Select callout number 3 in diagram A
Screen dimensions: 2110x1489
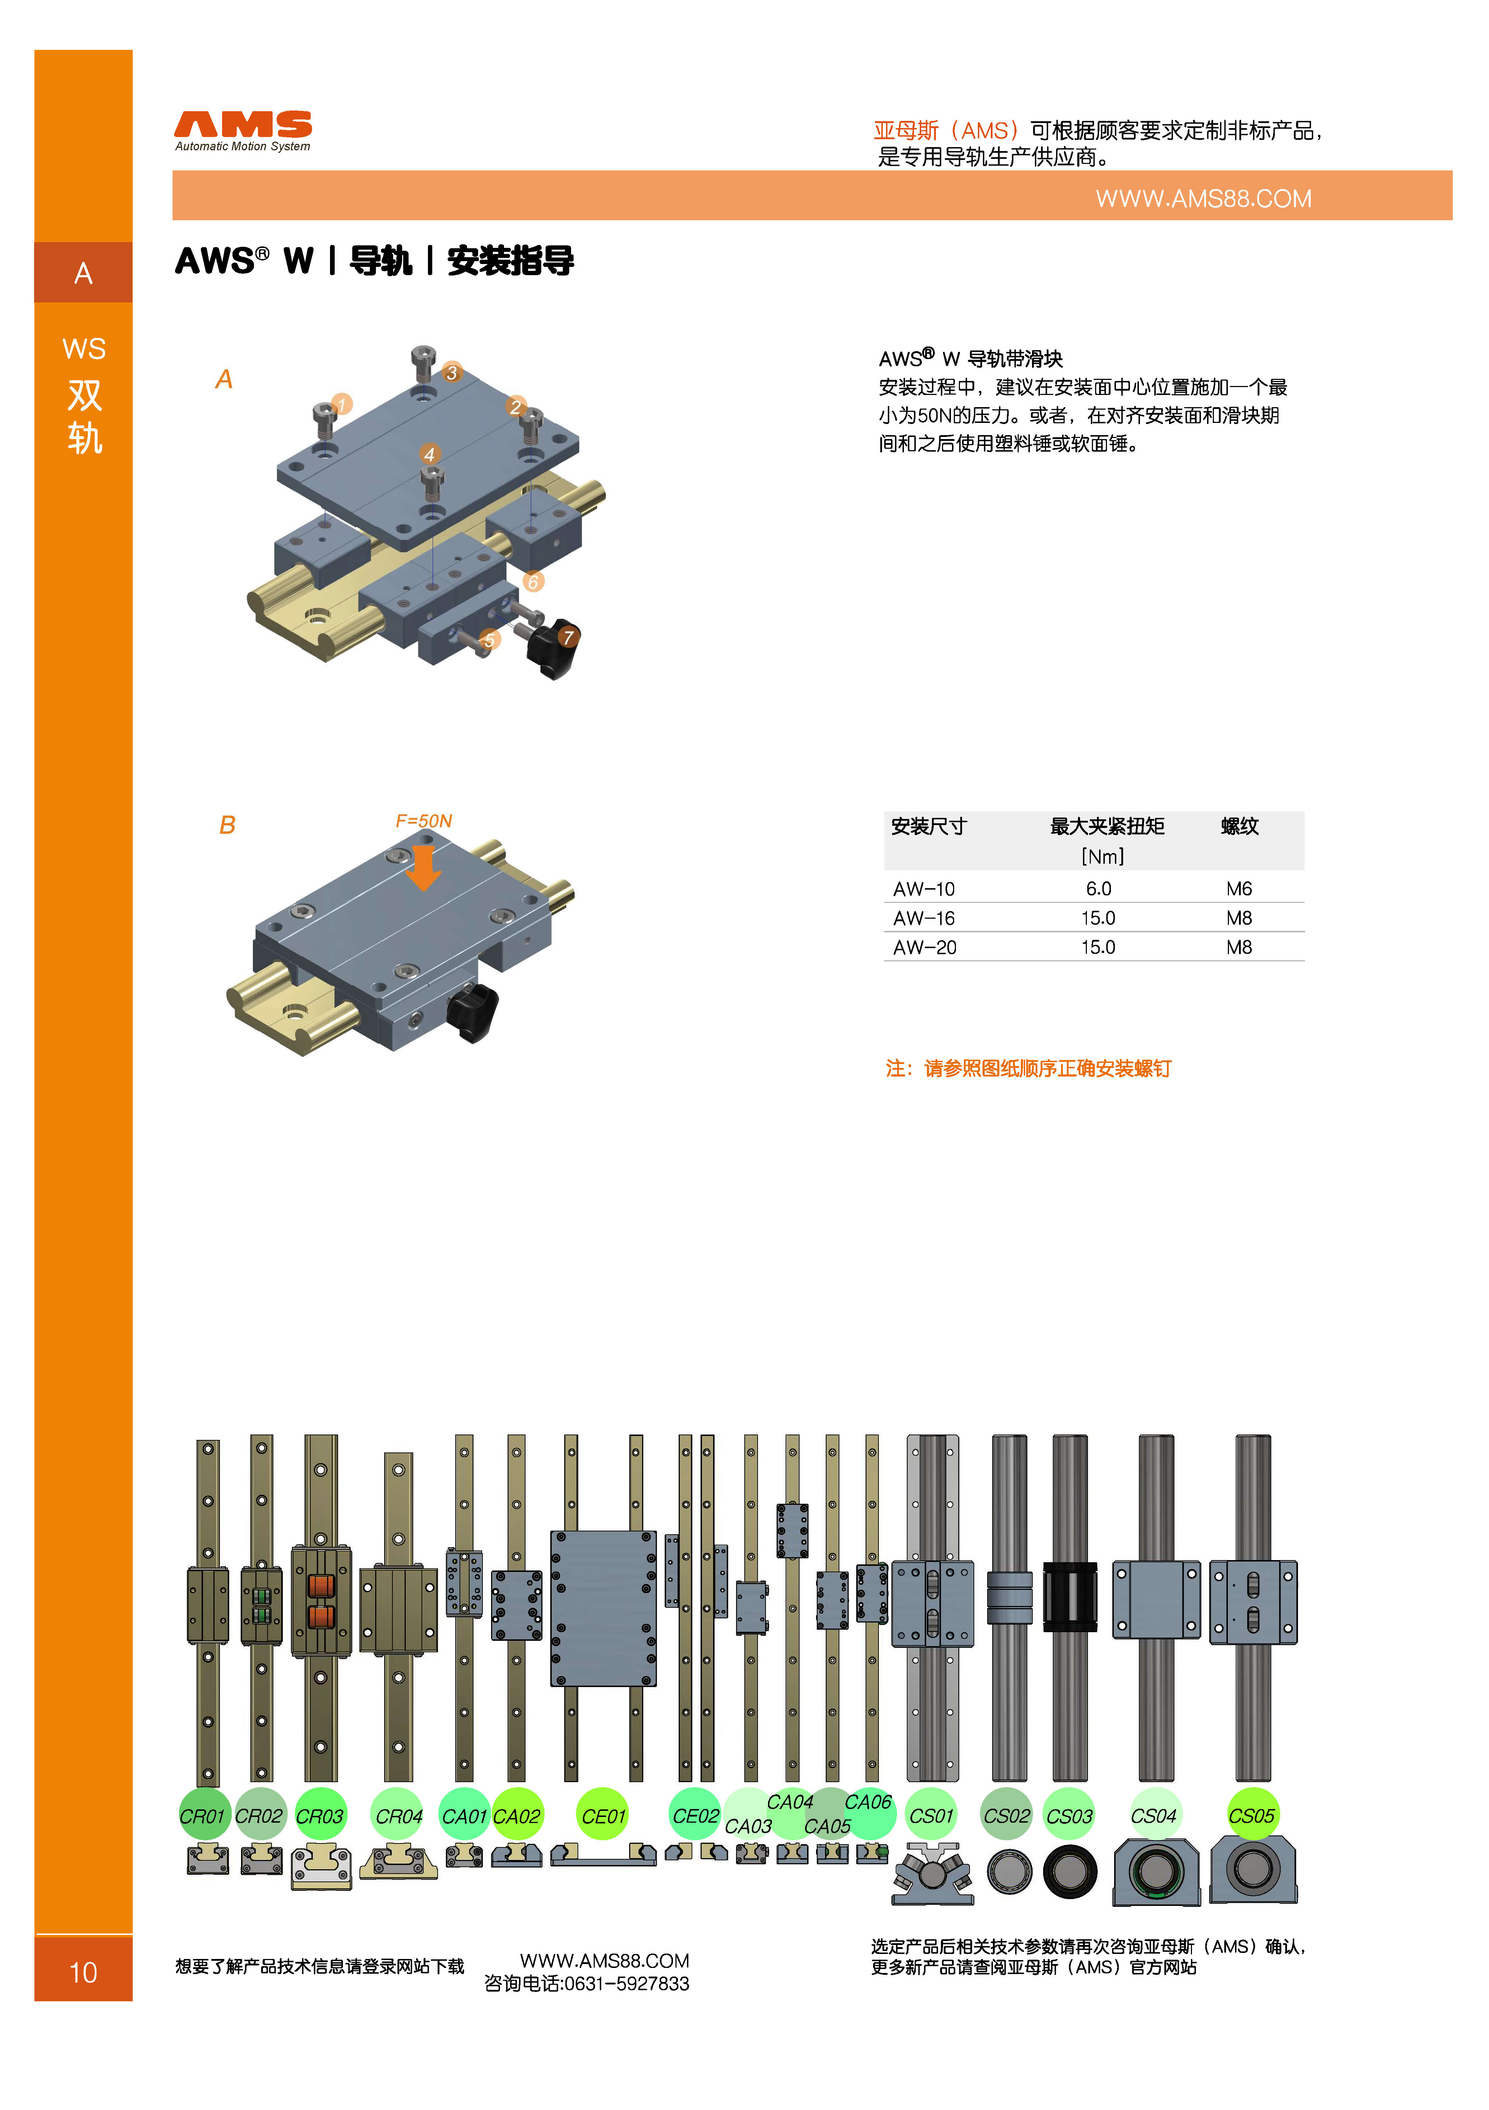[x=451, y=372]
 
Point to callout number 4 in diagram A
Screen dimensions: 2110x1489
[x=429, y=454]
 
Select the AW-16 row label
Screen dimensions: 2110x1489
[x=924, y=918]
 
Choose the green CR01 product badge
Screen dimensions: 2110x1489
[x=203, y=1816]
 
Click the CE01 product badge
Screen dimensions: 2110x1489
[x=603, y=1816]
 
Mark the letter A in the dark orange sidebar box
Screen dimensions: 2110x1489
[x=84, y=273]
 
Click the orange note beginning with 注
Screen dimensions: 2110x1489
[x=1028, y=1068]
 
